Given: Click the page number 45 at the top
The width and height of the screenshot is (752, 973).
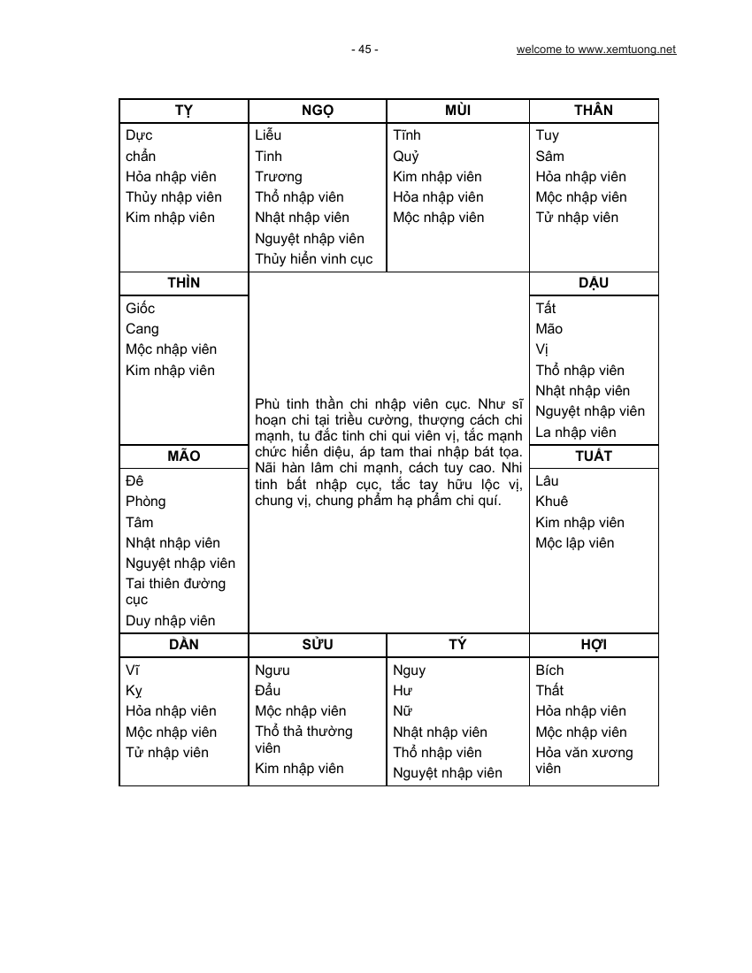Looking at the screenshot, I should pos(364,50).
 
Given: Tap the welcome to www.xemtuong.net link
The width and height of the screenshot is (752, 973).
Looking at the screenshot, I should pos(595,50).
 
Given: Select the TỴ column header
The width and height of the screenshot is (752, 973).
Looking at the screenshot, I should pos(184,111).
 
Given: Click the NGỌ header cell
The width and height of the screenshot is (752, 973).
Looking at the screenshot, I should pos(318,111).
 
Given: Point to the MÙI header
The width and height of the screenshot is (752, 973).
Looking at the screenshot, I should pos(457,111).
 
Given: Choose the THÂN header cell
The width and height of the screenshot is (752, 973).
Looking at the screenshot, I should pos(594,111).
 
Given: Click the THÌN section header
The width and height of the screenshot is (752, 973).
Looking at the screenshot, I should pos(184,283).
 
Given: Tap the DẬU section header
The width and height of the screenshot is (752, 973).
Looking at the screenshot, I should pos(594,283).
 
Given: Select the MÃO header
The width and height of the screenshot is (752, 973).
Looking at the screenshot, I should pos(184,456).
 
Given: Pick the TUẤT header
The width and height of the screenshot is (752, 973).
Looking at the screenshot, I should pos(594,456).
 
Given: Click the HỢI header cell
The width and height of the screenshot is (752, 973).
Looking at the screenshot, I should pos(594,645).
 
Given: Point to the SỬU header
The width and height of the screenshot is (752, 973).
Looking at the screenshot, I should pos(318,645).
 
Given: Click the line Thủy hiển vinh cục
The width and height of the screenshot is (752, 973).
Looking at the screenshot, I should pos(314,259).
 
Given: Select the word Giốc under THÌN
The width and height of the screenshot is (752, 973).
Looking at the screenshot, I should pos(141,309).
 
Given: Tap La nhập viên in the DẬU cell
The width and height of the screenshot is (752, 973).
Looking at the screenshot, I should pos(576,433).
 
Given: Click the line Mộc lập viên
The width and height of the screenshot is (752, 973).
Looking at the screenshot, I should pos(574,543).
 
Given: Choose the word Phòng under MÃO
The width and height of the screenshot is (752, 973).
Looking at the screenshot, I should pos(146,502).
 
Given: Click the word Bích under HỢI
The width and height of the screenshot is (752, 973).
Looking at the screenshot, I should pos(549,670).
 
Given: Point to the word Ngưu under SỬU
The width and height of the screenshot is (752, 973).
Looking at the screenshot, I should pos(272,670).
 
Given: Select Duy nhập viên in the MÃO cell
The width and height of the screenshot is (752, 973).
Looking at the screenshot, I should pos(171,621).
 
